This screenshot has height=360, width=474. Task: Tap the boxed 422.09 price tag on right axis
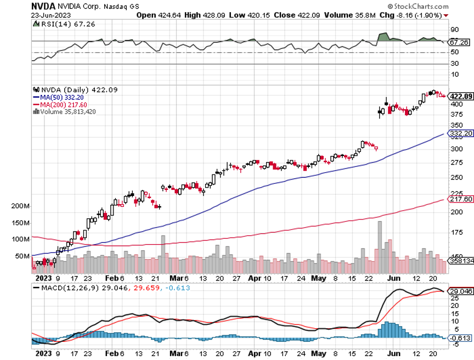[461, 97]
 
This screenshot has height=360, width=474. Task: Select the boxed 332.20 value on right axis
[461, 133]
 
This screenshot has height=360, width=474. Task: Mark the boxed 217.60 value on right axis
[461, 199]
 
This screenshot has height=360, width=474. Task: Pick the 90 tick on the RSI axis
[454, 30]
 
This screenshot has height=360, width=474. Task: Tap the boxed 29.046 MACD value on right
[461, 291]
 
